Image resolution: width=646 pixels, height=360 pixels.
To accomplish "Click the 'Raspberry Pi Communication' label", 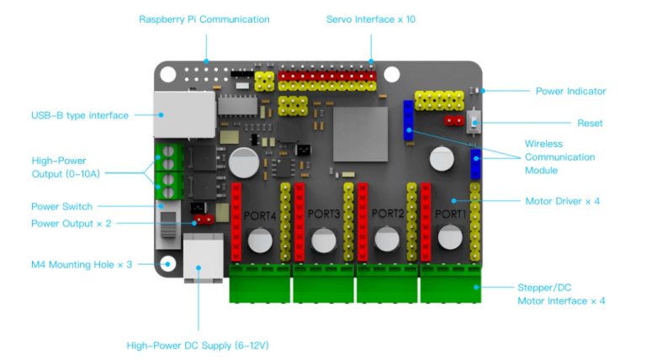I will (204, 19).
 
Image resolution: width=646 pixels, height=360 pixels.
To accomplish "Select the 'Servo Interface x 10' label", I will (371, 19).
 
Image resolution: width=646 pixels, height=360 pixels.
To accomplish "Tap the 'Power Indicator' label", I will (570, 91).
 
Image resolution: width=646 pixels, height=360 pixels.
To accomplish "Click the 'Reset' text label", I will (590, 123).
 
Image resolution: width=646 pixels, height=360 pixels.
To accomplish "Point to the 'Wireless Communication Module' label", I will (559, 157).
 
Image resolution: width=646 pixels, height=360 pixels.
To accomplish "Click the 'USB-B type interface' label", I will (80, 115).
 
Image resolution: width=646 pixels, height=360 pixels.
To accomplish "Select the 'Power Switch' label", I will (61, 206).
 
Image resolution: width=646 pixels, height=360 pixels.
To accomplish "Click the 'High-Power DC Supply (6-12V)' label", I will (198, 345).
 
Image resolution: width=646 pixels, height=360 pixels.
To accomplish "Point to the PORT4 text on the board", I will (260, 215).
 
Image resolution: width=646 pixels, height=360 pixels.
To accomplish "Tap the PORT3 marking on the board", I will (324, 214).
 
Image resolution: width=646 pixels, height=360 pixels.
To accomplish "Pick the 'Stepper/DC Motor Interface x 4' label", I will (561, 294).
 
